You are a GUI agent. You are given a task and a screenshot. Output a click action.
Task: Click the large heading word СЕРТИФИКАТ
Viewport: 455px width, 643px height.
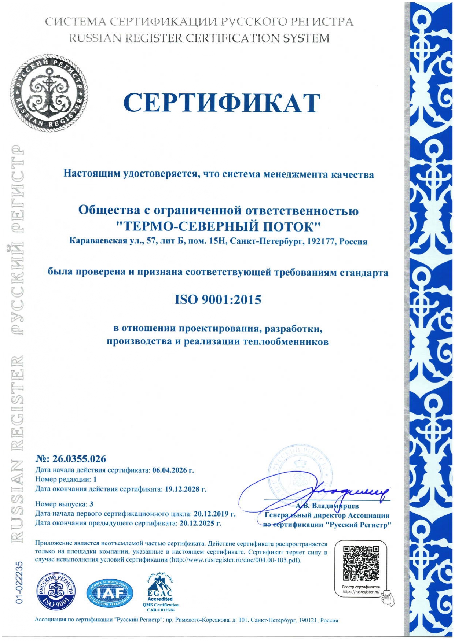click(x=222, y=103)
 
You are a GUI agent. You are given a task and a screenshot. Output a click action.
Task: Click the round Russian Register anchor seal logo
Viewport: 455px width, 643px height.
click(x=49, y=93)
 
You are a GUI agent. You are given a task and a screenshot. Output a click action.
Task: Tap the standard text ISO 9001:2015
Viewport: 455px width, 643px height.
click(x=218, y=300)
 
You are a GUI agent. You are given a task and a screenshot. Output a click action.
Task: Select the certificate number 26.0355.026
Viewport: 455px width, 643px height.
click(x=79, y=459)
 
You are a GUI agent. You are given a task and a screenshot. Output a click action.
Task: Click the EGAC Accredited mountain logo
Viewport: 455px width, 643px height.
click(x=160, y=585)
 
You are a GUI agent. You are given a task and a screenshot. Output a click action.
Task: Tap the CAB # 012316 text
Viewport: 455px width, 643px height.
click(x=161, y=610)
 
